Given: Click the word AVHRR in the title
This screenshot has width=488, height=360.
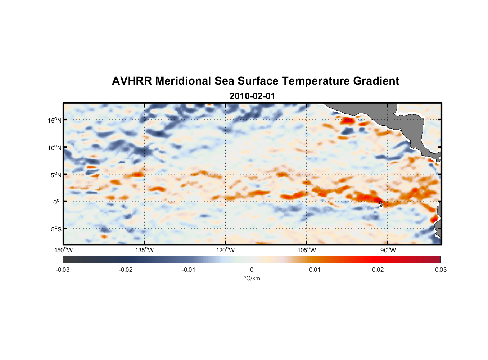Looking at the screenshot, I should (x=132, y=81).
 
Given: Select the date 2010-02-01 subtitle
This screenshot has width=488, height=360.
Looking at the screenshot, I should (x=252, y=96).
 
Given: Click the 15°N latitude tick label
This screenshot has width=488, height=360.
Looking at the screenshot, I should (x=55, y=120).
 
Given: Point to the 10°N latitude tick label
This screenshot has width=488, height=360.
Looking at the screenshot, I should (x=55, y=148).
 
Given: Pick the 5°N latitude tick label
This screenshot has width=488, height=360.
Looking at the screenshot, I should (x=56, y=175).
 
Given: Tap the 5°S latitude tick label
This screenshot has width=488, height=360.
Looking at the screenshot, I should (x=56, y=229).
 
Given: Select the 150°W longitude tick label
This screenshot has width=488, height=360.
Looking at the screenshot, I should (x=64, y=250).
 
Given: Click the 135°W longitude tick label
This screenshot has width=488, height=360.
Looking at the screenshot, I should (x=145, y=250).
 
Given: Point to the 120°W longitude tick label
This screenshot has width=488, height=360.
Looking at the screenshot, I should (x=226, y=250).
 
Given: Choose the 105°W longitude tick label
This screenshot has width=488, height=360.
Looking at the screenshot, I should (x=307, y=250).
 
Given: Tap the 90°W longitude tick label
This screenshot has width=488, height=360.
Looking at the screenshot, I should (x=388, y=250).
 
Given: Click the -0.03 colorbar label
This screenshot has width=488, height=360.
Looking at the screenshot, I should (x=63, y=270).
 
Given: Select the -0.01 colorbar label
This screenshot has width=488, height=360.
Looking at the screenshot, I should (x=189, y=270).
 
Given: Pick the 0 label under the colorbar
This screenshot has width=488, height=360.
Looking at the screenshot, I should (x=252, y=270).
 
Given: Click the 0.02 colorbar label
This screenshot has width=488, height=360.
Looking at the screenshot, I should (x=378, y=270).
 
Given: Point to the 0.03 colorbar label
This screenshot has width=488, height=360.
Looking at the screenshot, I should (x=440, y=270).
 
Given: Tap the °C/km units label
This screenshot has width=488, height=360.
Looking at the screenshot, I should (x=252, y=278).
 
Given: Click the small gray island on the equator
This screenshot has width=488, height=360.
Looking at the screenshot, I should (x=381, y=204).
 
